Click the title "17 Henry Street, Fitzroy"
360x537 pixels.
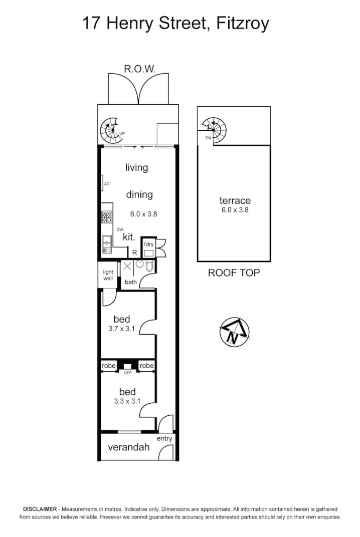(175, 23)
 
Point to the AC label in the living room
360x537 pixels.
(107, 184)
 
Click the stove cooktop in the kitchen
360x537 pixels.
(107, 217)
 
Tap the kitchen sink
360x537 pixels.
(107, 244)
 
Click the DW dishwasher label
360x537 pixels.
(120, 229)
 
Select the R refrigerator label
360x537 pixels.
(134, 252)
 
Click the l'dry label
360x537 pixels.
(148, 244)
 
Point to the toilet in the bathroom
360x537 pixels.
(149, 266)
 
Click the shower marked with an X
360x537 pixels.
(127, 266)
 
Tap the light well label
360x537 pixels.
(108, 275)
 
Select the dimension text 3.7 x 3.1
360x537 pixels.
(122, 329)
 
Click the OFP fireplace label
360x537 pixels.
(127, 373)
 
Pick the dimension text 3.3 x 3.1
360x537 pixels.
(127, 401)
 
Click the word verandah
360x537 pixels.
(129, 447)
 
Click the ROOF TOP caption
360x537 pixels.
(234, 273)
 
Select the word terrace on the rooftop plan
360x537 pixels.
(235, 201)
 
